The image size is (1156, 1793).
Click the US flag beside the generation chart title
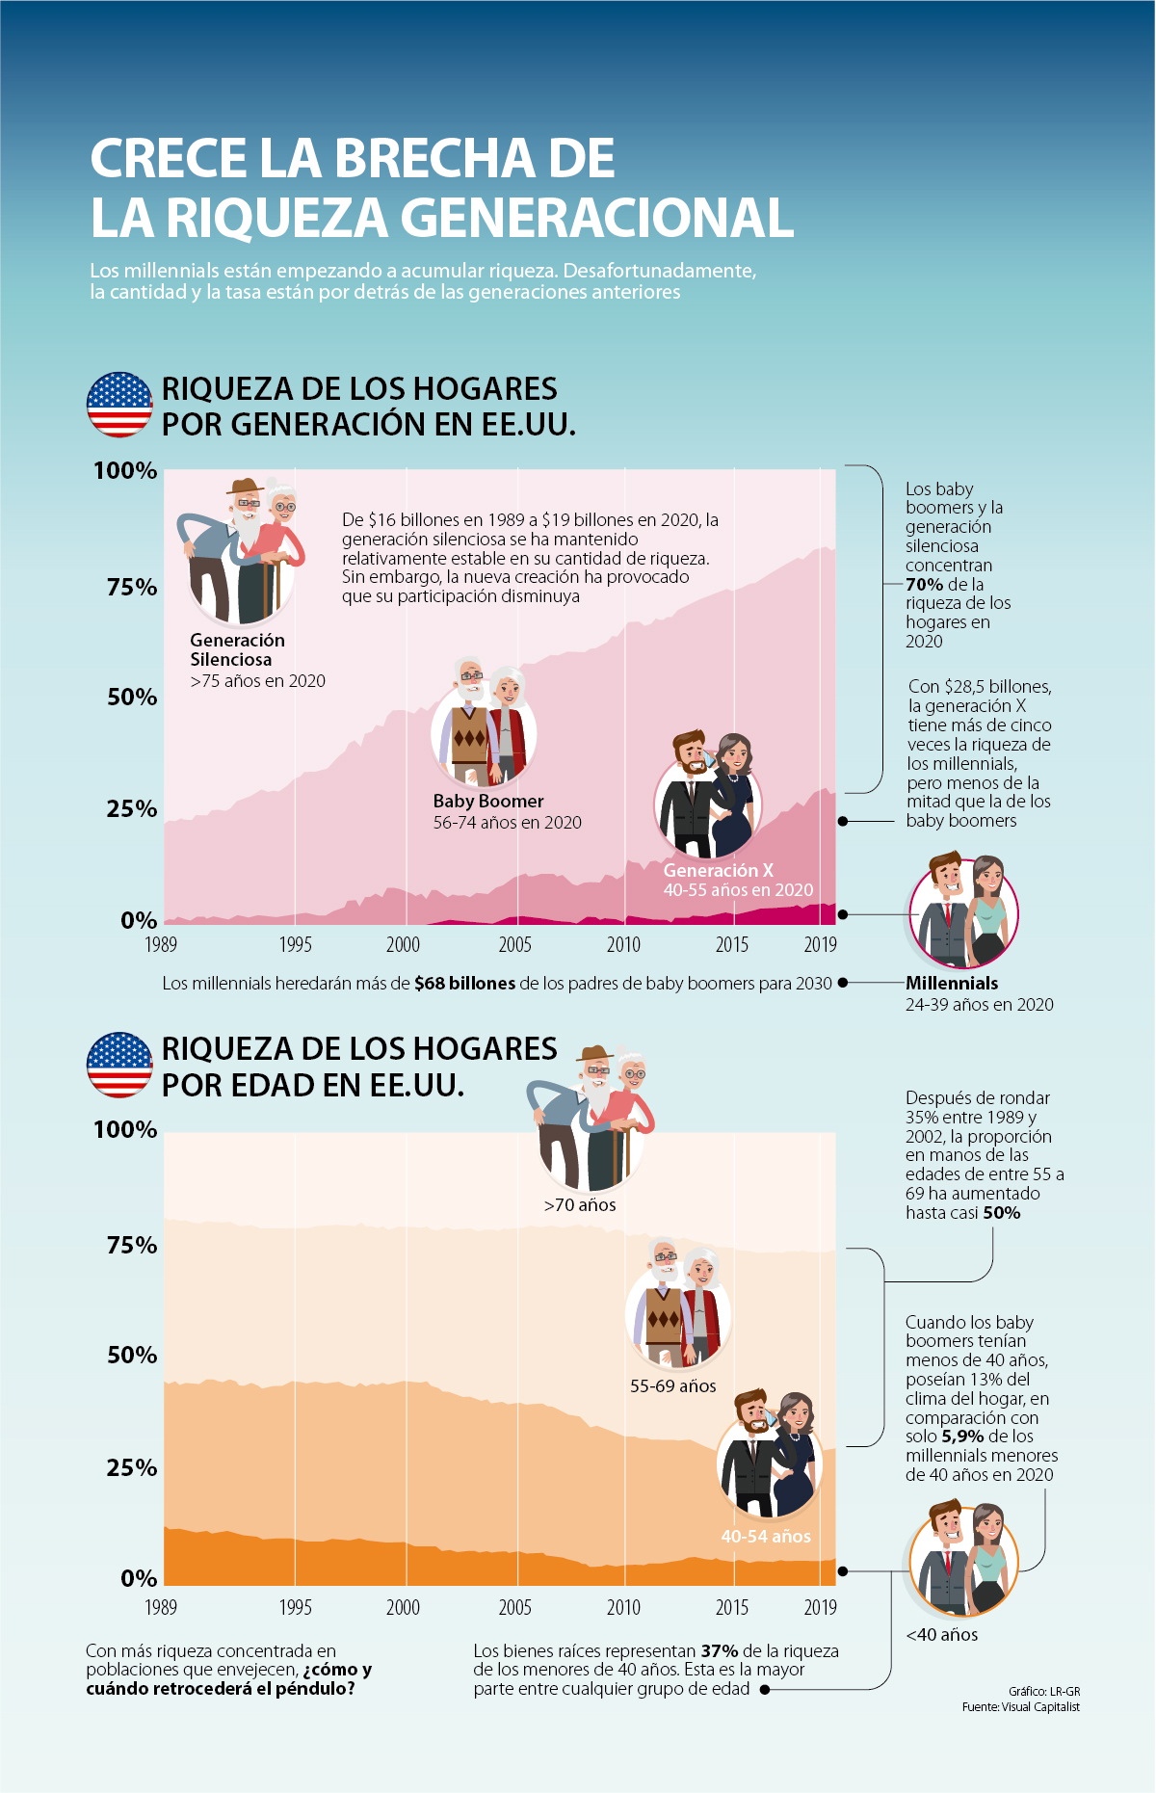[119, 405]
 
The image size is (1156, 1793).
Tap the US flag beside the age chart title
[119, 1065]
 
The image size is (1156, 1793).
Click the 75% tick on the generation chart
[132, 588]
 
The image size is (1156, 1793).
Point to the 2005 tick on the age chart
[515, 1607]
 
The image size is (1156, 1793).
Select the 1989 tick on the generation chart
[161, 944]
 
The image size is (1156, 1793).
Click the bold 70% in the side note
[924, 584]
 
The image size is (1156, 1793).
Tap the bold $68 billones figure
[464, 984]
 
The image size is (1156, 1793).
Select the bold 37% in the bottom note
[719, 1651]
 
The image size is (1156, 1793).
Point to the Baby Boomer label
[488, 802]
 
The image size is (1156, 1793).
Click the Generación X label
[719, 870]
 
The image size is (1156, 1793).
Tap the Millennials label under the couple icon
[952, 984]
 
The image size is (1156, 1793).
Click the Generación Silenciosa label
[237, 650]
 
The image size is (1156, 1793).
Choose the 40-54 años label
[766, 1537]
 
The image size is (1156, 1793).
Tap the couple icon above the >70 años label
[591, 1118]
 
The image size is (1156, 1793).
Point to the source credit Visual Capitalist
[1040, 1707]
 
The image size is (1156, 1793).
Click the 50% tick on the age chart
[132, 1356]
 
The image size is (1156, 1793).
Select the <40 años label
[941, 1635]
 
